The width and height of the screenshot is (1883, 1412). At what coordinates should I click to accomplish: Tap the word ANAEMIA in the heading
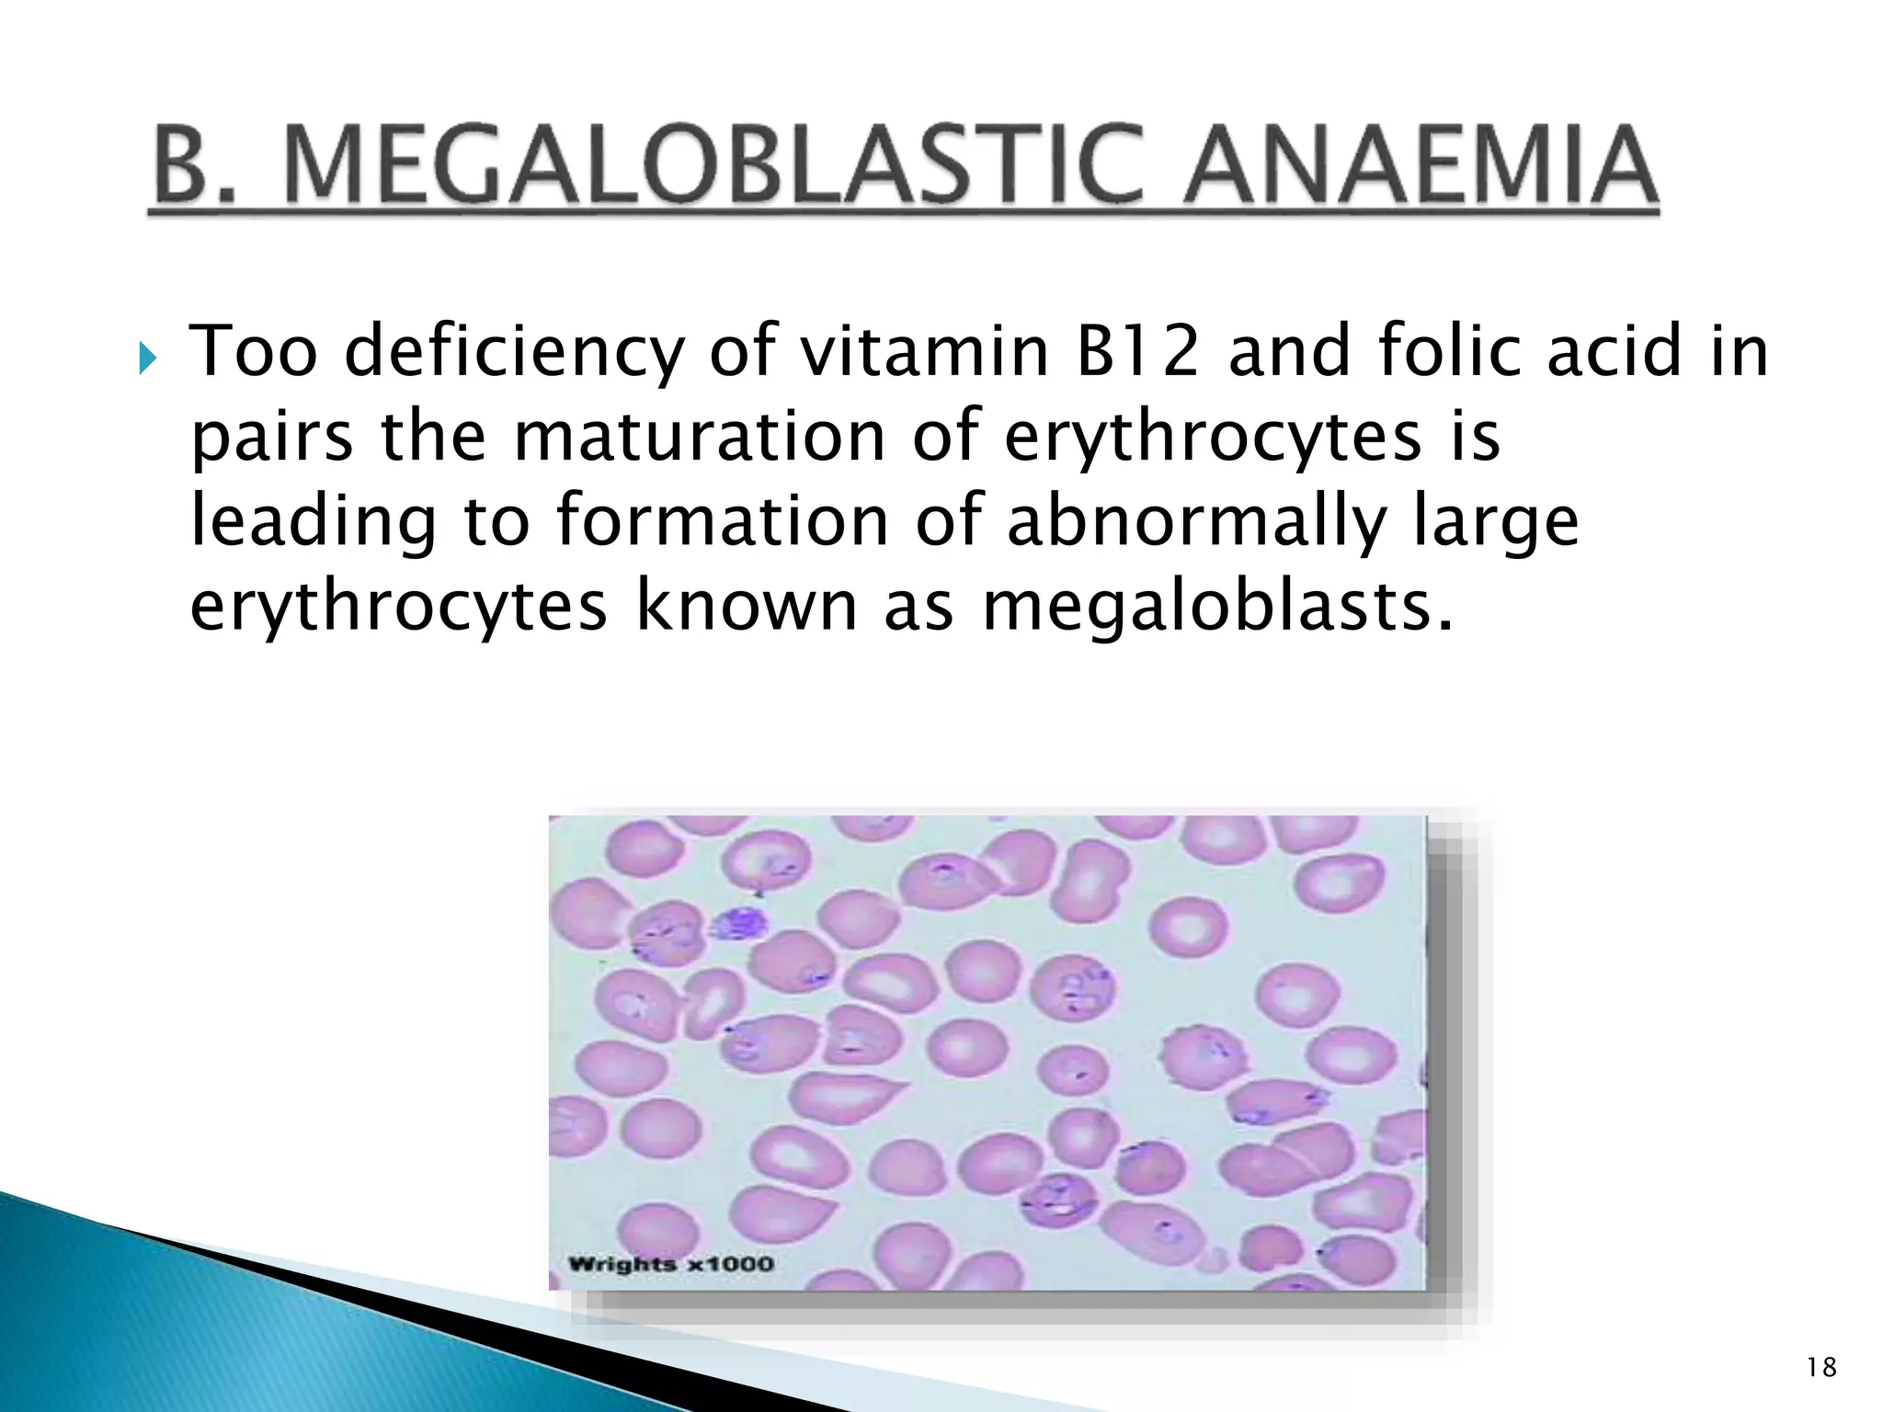tap(1421, 165)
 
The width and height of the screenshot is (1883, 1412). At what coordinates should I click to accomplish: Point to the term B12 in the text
tap(1137, 351)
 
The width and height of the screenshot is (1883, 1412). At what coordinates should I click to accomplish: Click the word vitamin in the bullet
tap(923, 351)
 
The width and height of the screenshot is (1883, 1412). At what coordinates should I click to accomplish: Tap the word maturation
tap(699, 436)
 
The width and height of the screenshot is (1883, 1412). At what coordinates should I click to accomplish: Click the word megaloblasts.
tap(1218, 606)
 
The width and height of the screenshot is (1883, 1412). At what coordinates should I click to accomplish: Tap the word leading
tap(313, 521)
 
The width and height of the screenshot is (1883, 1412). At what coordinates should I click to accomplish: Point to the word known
tap(747, 606)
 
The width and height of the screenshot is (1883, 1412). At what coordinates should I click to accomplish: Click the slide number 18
tap(1821, 1368)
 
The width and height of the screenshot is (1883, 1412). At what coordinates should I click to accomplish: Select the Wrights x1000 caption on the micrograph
tap(670, 1264)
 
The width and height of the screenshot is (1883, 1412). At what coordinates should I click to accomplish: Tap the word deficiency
tap(514, 353)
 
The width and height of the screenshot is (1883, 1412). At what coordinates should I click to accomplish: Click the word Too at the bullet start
tap(253, 351)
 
